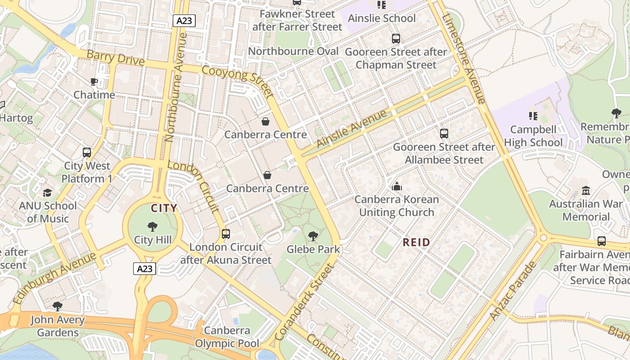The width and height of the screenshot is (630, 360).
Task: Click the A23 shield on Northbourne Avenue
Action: (x=184, y=20)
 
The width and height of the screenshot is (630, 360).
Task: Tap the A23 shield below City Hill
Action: (x=144, y=269)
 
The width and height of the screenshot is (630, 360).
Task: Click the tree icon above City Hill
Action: (x=153, y=227)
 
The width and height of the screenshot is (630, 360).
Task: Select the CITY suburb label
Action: (x=164, y=208)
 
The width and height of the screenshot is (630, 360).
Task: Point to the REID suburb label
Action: (x=416, y=242)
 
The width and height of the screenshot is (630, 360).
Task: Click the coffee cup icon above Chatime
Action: (x=94, y=81)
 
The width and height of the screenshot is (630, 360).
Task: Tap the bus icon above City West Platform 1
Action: (x=87, y=153)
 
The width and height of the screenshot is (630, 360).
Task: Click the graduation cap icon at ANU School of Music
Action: (x=48, y=193)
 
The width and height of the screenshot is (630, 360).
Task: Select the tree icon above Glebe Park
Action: (x=313, y=236)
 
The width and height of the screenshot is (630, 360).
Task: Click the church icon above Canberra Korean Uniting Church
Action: (x=397, y=186)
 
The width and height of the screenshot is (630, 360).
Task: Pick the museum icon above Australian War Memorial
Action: (x=585, y=190)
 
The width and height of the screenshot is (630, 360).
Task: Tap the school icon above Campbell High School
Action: (x=533, y=116)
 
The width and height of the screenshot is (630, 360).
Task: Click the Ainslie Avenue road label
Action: (x=351, y=129)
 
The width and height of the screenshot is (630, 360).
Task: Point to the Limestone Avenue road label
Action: (x=463, y=58)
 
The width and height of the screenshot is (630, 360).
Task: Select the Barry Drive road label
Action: (x=116, y=58)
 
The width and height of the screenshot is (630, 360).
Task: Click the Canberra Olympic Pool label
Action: (x=227, y=337)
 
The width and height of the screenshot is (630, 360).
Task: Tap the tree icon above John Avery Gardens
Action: (x=57, y=306)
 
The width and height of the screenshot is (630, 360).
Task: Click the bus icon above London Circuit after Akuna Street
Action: (x=226, y=234)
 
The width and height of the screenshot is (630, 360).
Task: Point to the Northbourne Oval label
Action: (x=293, y=51)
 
